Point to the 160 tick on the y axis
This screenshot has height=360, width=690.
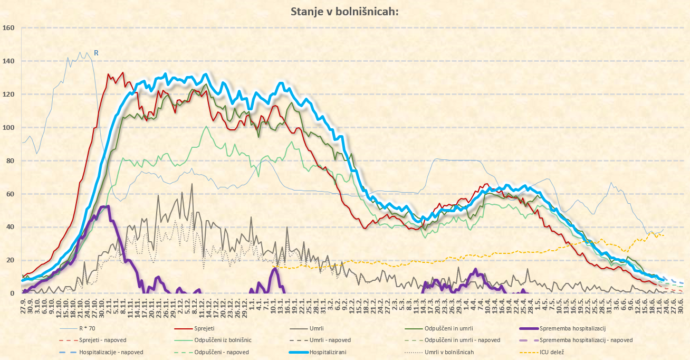coord(8,28)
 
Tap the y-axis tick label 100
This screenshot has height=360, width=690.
coord(8,128)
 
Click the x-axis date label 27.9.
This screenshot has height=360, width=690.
coord(23,307)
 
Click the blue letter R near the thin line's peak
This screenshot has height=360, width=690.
coord(96,53)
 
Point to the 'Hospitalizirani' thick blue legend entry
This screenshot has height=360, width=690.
coord(330,352)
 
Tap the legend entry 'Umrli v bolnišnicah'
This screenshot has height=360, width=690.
coord(449,352)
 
